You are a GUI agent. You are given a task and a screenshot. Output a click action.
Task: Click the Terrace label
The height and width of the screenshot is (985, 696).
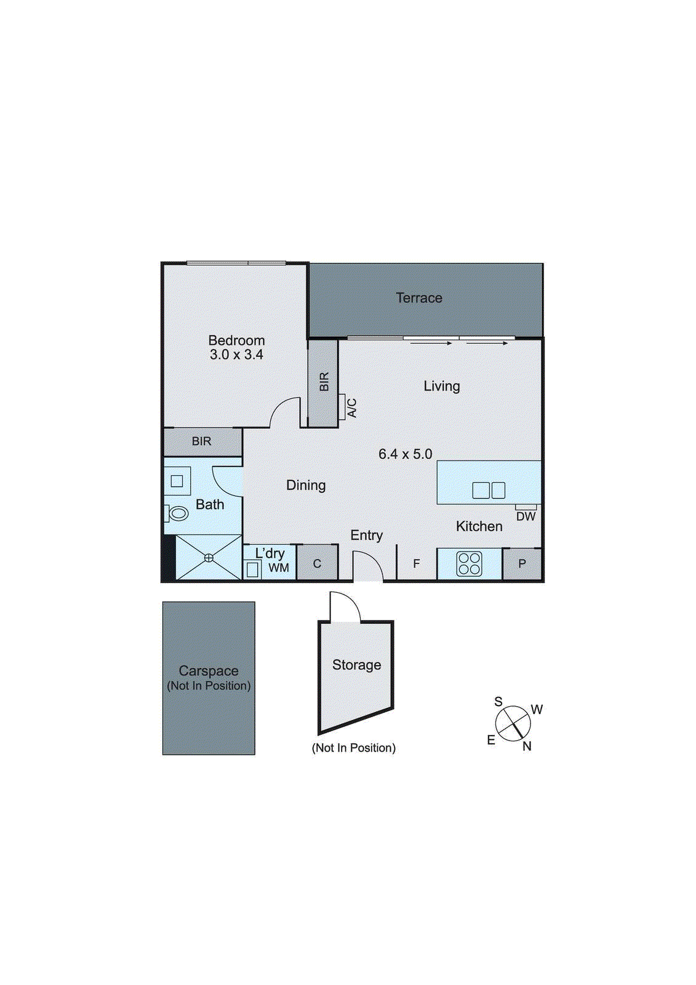tap(419, 298)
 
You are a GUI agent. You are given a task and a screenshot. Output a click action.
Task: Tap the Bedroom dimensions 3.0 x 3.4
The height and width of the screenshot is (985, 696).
tap(236, 355)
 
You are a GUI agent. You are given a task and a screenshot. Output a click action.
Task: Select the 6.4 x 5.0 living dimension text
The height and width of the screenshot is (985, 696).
tap(405, 454)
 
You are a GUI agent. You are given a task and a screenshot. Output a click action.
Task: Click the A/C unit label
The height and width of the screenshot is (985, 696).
tap(352, 408)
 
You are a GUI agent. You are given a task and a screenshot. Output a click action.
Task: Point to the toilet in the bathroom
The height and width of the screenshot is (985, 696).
tap(177, 513)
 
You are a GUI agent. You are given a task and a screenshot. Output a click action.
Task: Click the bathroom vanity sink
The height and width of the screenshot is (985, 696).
tap(177, 481)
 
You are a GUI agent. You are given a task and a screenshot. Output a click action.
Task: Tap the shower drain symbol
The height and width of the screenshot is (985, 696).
tap(209, 558)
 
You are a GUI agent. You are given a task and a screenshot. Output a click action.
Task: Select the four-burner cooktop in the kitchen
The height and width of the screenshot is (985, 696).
tap(469, 564)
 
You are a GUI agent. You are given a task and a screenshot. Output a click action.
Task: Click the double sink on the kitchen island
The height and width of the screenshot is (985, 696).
tap(489, 490)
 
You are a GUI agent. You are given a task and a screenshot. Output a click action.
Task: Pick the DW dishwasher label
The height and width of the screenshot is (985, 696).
tap(526, 517)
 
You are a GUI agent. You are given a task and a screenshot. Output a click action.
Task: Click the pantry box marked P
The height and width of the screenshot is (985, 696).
tap(522, 564)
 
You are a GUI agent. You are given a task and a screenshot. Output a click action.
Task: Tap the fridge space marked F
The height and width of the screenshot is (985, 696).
tap(417, 564)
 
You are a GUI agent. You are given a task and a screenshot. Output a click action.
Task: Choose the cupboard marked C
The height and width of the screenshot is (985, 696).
tap(317, 564)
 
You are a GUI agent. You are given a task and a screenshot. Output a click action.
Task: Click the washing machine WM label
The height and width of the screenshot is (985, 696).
tap(278, 568)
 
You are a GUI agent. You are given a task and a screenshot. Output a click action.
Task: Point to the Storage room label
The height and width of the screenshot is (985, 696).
tap(356, 665)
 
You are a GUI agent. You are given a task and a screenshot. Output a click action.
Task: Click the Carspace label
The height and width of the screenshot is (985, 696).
tap(209, 671)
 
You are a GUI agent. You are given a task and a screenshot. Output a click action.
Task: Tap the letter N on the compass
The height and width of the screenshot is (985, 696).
tap(527, 746)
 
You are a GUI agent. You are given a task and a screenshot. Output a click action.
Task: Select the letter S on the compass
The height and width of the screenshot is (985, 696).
tap(498, 702)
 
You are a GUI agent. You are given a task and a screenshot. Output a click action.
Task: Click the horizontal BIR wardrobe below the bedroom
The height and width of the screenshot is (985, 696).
tap(202, 441)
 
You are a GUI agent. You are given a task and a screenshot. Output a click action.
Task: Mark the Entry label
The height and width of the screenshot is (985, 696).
tap(367, 536)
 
